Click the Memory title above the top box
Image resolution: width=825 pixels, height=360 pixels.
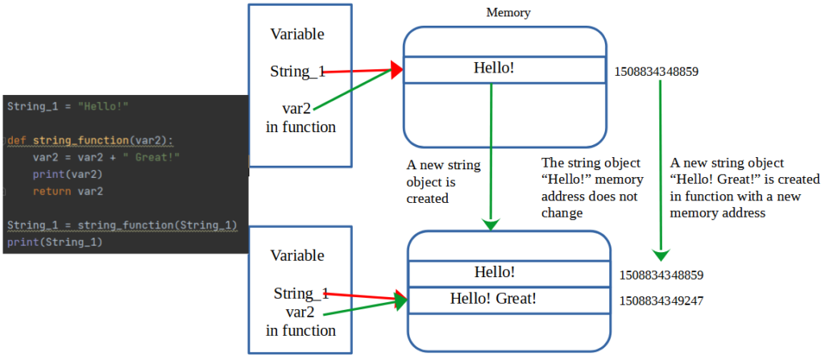pyautogui.click(x=508, y=13)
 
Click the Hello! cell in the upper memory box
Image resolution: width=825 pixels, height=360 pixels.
pyautogui.click(x=504, y=69)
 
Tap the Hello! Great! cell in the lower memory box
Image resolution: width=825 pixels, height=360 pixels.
pyautogui.click(x=509, y=300)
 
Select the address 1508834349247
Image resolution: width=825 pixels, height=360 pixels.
pyautogui.click(x=661, y=301)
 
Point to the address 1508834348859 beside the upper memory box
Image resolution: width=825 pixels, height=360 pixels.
pyautogui.click(x=656, y=72)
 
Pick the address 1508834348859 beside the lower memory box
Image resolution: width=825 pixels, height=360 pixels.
pyautogui.click(x=661, y=275)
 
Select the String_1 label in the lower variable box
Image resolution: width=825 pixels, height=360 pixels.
pyautogui.click(x=301, y=293)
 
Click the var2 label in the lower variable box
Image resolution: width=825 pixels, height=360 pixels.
pyautogui.click(x=300, y=312)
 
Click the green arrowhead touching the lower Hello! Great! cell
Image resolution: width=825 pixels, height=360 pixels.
pyautogui.click(x=401, y=301)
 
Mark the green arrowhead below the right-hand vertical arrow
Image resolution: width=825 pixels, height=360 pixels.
pyautogui.click(x=661, y=255)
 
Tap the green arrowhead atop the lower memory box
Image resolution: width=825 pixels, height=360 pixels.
pyautogui.click(x=491, y=224)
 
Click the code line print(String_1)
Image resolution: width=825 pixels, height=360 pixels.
pyautogui.click(x=54, y=242)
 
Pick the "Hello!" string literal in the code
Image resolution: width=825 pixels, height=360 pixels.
pyautogui.click(x=103, y=106)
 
